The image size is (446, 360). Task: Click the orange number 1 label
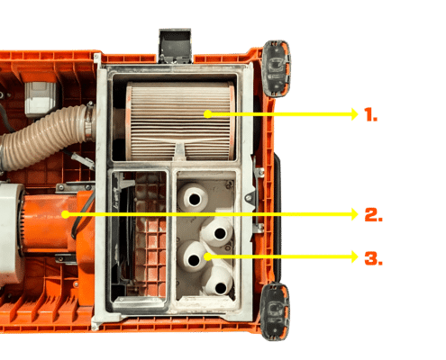pos(370,114)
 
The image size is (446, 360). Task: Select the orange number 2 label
pos(373,214)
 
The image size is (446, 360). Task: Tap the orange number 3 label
pos(373,258)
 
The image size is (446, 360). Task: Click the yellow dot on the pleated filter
pos(207,114)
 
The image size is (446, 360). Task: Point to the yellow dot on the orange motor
pos(66,214)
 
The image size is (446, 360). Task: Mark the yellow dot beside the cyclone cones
pos(207,256)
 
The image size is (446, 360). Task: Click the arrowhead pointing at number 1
pos(354,114)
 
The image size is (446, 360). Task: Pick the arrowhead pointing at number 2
pos(354,214)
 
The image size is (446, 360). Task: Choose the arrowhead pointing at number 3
pos(354,256)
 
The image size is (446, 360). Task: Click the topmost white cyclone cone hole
pos(195,199)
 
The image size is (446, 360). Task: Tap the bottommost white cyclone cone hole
pos(221,288)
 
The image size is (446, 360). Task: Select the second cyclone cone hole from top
pos(220,233)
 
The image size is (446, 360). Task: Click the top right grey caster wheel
pos(276,68)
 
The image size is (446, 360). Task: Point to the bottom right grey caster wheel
pos(275,311)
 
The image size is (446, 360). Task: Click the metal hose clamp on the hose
pos(88,121)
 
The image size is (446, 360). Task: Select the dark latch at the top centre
pos(175,46)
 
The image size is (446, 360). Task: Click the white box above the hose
pos(40,99)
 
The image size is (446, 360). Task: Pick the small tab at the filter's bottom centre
pos(180,150)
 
